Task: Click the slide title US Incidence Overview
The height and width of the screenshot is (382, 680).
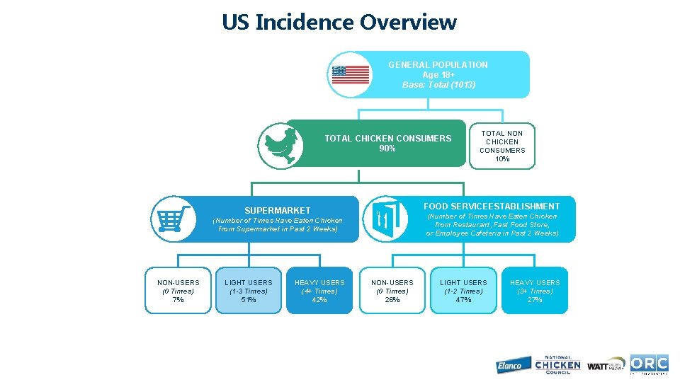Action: click(339, 22)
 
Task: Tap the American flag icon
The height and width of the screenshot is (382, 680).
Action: click(351, 74)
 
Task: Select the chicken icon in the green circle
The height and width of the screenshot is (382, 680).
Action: click(280, 144)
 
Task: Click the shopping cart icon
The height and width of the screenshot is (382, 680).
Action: click(173, 218)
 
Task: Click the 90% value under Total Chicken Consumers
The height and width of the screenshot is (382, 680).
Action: click(387, 149)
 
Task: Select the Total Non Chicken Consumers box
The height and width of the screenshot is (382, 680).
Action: click(502, 146)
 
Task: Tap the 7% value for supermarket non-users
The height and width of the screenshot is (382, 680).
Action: click(178, 300)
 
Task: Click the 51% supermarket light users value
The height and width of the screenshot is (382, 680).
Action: click(249, 300)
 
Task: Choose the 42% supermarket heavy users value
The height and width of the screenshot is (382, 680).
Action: click(319, 300)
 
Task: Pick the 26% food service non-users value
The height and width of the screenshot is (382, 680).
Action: click(392, 300)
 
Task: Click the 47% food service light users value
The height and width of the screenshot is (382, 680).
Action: click(463, 300)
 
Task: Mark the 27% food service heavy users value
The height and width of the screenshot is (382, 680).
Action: click(535, 300)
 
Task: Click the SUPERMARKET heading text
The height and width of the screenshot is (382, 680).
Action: click(277, 210)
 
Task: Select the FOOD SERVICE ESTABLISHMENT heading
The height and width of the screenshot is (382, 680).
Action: click(492, 207)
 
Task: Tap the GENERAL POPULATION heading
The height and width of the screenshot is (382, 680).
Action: click(438, 65)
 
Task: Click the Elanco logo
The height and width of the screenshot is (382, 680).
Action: click(509, 365)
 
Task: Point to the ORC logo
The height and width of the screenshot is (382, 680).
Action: click(649, 364)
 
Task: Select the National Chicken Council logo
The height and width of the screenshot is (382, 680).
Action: click(557, 364)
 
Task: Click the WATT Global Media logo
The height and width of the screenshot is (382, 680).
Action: click(606, 364)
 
